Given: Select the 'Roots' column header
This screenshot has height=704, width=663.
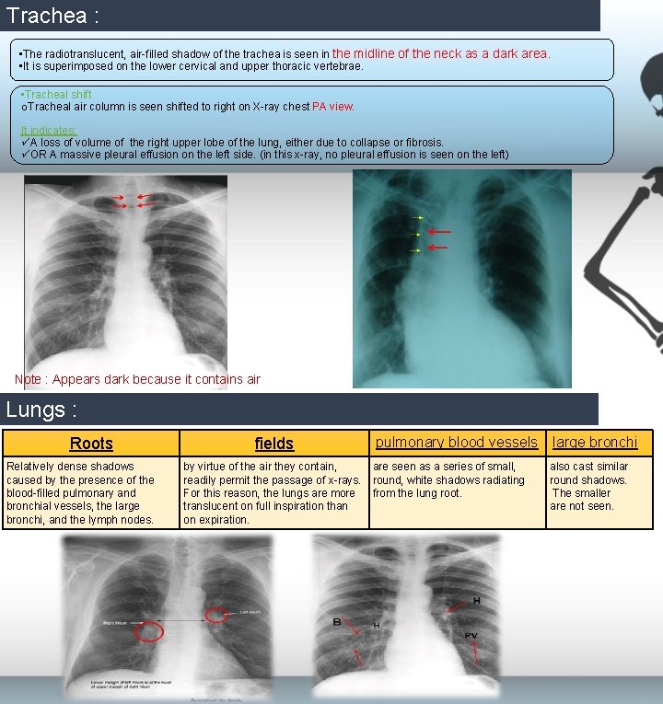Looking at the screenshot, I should pos(91,444).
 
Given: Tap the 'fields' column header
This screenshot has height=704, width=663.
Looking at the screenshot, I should pos(273,444).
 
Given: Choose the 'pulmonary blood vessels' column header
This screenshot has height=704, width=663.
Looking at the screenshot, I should pos(457,443).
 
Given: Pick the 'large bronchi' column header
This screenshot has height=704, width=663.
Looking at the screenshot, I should pos(594,443).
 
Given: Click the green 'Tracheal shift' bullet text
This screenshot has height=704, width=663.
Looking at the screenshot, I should pos(58,95).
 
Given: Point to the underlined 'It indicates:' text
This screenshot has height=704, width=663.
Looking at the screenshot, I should pos(49,131).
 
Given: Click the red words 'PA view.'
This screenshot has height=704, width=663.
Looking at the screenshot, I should pos(333,107).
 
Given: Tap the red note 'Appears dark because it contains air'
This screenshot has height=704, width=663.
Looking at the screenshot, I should pos(137,379).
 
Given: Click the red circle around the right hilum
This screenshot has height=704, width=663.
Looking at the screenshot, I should pos(148,631).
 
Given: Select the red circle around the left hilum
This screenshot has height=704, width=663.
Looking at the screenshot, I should pos(217,615).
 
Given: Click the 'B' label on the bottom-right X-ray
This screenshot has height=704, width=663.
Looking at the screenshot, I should pos(338,623).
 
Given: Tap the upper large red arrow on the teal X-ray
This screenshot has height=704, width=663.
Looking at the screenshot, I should pos(439,232).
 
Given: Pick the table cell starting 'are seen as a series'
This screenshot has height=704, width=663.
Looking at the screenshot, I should pos(457,480).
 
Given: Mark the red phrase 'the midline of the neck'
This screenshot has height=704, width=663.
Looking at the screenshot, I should pos(394,53).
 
